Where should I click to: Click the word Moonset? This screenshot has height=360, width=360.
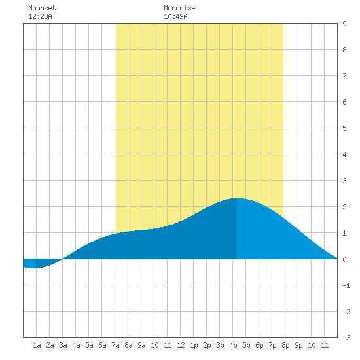pos(42,8)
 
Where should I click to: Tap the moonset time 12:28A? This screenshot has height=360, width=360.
pos(40,16)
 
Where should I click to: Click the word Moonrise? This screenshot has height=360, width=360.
pos(179,8)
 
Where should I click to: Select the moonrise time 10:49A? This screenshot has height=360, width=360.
pos(175,16)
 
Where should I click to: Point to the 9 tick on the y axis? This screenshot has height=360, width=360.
pos(344,24)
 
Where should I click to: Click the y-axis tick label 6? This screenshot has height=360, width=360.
pos(344,102)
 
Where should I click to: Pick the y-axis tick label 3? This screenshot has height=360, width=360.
pos(344,181)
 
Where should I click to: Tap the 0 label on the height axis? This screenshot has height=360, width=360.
pos(344,259)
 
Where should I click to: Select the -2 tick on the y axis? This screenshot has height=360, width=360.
pos(346,312)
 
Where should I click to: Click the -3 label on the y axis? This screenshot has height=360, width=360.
pos(346,338)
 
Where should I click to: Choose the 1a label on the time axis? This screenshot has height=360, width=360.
pos(37,345)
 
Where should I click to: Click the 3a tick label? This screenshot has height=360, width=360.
pos(63,345)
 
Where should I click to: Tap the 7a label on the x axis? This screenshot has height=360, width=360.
pos(115,345)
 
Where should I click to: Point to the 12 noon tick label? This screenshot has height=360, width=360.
pos(181,345)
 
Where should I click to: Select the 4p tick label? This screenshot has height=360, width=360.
pos(233,345)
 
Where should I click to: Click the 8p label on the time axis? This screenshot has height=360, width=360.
pos(285,345)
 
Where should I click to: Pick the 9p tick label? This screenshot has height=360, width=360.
pos(298,345)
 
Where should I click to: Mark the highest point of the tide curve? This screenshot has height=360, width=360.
pos(237,198)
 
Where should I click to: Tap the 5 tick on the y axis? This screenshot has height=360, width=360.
pos(344,128)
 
